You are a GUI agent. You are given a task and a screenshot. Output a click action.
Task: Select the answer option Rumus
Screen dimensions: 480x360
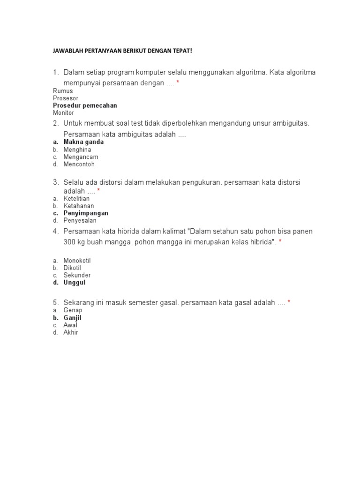(x=63, y=91)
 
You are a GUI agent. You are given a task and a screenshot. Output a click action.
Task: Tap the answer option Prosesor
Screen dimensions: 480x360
(x=66, y=98)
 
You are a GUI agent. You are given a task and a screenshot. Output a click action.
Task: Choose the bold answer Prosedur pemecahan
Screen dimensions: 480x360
(x=85, y=105)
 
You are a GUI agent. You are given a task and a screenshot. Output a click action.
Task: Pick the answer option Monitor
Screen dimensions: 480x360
(x=63, y=113)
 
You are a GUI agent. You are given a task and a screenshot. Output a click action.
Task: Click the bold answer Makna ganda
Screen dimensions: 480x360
(x=83, y=142)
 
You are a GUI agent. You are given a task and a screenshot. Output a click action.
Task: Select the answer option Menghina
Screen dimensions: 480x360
(x=77, y=150)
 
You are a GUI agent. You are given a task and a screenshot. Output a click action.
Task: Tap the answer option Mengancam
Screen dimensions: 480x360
(x=81, y=157)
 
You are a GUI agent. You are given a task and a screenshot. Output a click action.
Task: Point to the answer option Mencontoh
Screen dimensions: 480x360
(x=79, y=165)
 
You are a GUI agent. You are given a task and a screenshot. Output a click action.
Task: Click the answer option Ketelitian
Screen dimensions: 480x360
(x=76, y=198)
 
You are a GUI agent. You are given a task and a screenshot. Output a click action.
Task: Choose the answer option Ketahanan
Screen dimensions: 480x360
(x=79, y=206)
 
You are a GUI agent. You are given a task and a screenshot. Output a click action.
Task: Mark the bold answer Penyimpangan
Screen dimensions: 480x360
(x=86, y=213)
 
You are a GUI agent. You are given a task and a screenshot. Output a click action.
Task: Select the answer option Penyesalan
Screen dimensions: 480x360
(x=80, y=220)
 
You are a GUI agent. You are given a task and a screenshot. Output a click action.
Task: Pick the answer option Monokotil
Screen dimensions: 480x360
(x=77, y=261)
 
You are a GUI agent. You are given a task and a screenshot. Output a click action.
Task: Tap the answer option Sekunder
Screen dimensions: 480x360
(x=77, y=275)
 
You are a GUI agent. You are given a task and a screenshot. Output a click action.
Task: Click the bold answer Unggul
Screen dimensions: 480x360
(x=75, y=283)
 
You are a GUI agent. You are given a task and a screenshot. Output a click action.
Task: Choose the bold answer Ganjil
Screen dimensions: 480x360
(x=72, y=318)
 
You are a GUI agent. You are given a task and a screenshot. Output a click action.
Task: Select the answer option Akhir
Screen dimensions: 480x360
(x=71, y=332)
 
